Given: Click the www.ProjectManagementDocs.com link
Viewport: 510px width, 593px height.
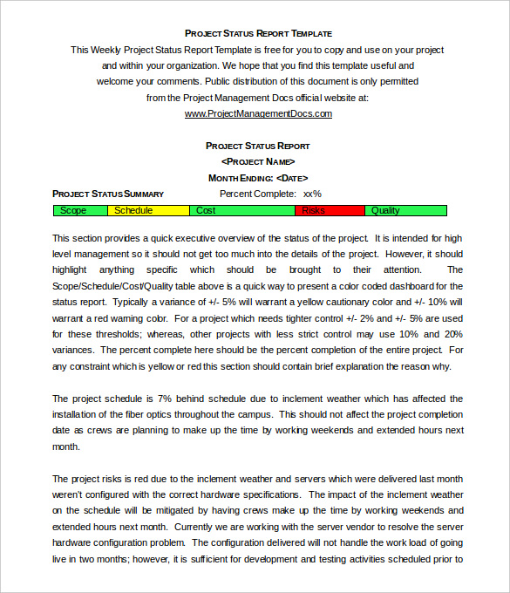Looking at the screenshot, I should (x=258, y=113).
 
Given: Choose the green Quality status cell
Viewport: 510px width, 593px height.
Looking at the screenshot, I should (x=405, y=210).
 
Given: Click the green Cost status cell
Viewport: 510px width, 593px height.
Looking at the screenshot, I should (x=242, y=210).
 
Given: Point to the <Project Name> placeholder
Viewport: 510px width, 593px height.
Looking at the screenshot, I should (x=258, y=161).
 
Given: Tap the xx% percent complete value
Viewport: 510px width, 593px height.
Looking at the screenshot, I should (x=312, y=194).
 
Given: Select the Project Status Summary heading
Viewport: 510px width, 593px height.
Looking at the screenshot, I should (x=108, y=194).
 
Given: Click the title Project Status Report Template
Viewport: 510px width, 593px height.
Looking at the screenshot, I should (x=258, y=33).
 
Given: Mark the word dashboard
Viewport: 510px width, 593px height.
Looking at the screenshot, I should (x=409, y=285).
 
